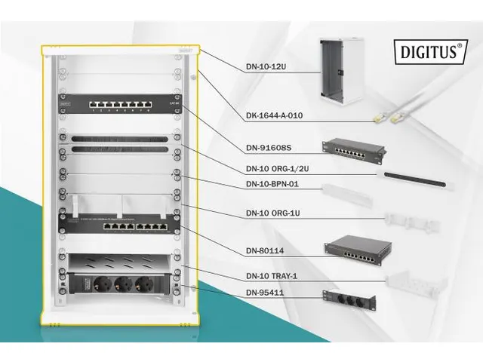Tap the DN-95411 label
[266, 291]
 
